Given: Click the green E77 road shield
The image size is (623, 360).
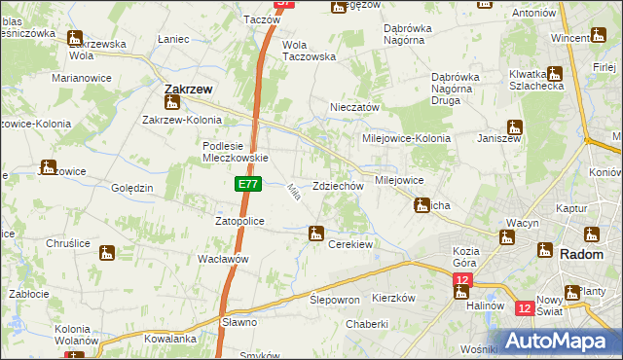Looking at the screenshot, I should click(247, 183).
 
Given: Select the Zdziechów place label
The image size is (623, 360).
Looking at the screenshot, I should click(339, 186).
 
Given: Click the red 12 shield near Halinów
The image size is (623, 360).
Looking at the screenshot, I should click(461, 281).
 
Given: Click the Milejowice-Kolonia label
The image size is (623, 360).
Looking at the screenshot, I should click(407, 138).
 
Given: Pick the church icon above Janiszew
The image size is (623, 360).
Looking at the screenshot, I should click(515, 126).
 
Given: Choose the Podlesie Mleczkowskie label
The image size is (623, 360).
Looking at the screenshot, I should click(235, 152).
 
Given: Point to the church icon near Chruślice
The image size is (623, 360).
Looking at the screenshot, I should click(107, 253).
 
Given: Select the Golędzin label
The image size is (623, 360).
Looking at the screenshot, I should click(132, 187).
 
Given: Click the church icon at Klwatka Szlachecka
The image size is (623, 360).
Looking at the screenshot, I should click(555, 73).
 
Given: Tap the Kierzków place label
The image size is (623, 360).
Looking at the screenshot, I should click(394, 298).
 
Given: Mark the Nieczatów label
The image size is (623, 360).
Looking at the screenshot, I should click(354, 107).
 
